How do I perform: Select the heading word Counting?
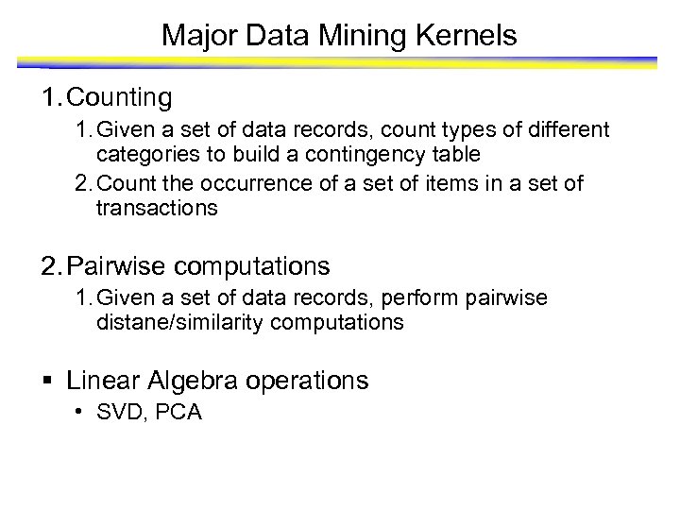coord(120,96)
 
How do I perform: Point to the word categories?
coord(144,153)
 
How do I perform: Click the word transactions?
coord(156,208)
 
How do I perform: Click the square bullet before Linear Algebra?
coord(49,381)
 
